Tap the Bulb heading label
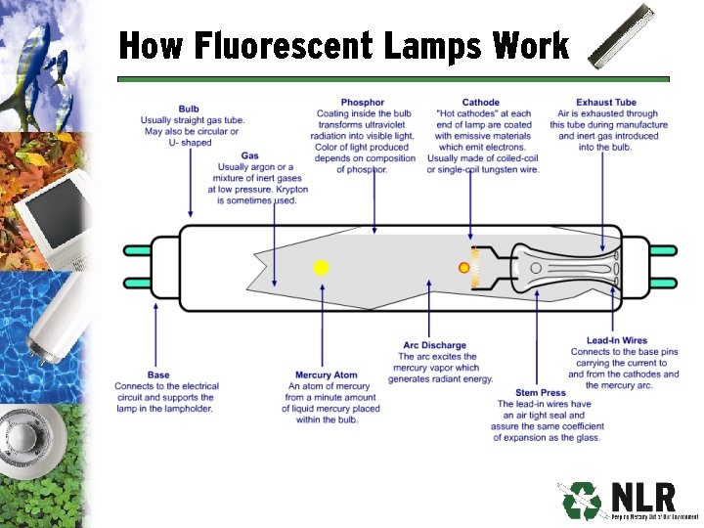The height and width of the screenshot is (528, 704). coord(189,109)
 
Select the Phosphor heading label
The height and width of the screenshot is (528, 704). coord(362,103)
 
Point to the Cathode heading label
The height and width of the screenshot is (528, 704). coord(480,103)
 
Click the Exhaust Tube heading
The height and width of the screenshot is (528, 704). coord(606,103)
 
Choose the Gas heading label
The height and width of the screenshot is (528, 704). coord(249,156)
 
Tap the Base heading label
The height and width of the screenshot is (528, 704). coord(157,375)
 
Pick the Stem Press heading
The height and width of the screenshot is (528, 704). coord(539,393)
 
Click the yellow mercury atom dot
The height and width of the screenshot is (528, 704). coord(321,267)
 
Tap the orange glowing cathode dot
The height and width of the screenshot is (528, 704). coord(464,267)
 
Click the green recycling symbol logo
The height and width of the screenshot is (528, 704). coord(580,501)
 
